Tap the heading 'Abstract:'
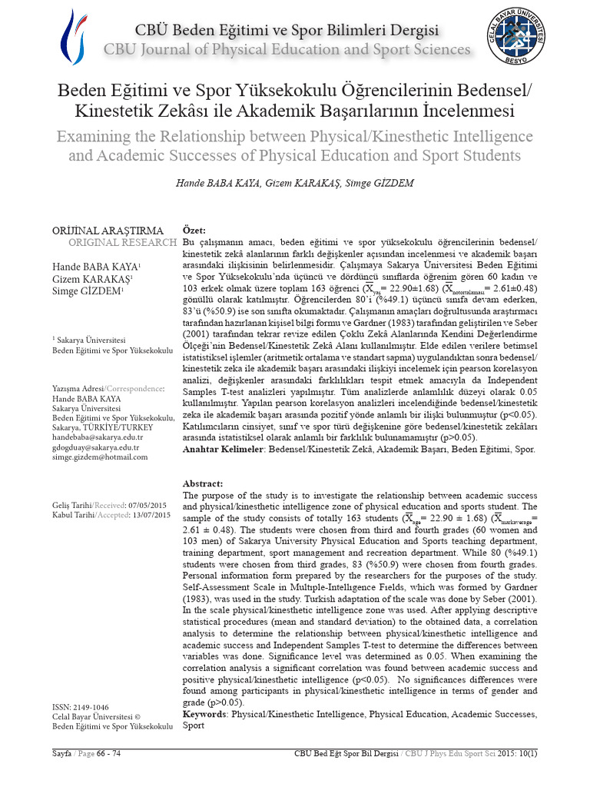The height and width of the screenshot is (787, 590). (203, 483)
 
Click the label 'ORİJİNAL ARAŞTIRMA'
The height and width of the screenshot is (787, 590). (108, 231)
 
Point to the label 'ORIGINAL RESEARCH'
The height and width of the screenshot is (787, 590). (122, 243)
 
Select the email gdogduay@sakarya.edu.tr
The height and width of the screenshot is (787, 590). (95, 447)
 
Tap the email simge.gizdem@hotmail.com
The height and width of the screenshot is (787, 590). (100, 457)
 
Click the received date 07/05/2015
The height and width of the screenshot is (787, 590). (148, 504)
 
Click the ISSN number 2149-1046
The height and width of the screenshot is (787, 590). (91, 706)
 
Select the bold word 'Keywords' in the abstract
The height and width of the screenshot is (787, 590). (204, 714)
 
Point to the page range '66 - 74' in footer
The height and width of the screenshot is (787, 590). (105, 753)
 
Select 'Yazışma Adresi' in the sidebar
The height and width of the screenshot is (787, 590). (77, 390)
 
